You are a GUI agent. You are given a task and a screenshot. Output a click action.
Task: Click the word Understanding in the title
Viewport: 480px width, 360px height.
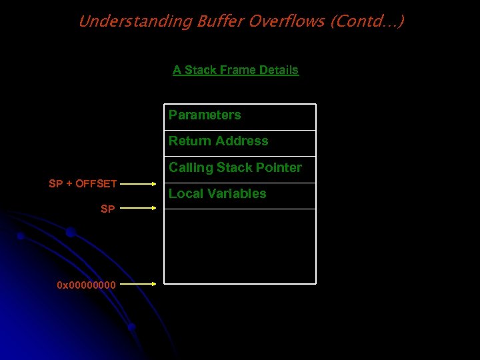pyautogui.click(x=135, y=21)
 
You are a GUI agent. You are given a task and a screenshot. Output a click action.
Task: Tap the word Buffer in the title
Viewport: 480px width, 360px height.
pyautogui.click(x=220, y=21)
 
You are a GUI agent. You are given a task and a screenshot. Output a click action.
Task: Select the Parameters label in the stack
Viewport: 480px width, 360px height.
pyautogui.click(x=205, y=115)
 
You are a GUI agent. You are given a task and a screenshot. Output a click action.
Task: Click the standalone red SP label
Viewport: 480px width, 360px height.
pyautogui.click(x=107, y=209)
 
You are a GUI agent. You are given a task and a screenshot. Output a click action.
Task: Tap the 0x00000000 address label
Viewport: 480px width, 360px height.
pyautogui.click(x=87, y=285)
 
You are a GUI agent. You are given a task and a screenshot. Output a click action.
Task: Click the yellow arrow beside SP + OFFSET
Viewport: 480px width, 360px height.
pyautogui.click(x=139, y=183)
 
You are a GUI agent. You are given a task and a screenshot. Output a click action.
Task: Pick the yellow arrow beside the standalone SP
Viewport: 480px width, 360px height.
pyautogui.click(x=139, y=208)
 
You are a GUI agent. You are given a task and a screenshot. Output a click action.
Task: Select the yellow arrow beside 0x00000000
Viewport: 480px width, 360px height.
pyautogui.click(x=139, y=284)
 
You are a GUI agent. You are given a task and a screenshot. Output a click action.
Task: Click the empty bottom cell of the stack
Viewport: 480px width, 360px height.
pyautogui.click(x=240, y=246)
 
